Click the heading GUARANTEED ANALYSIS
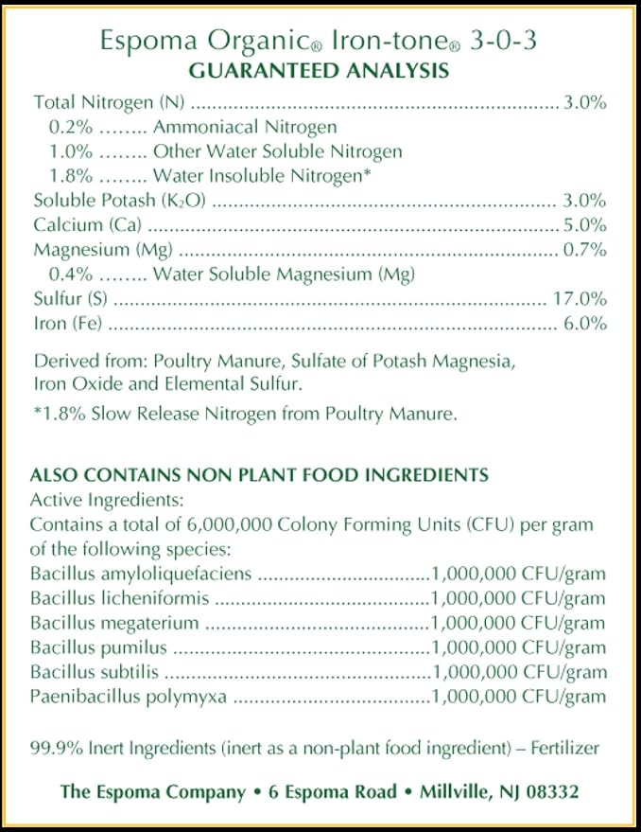coord(320,71)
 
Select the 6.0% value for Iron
coord(585,324)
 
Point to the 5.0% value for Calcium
coord(585,225)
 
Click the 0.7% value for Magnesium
coord(585,250)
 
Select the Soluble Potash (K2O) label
coord(120,201)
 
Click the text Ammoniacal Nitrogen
coord(245,127)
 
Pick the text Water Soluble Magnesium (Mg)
coord(284,274)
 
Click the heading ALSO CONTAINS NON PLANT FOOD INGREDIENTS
coord(259,475)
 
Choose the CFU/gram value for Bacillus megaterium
coord(518,623)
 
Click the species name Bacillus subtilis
coord(95,672)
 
